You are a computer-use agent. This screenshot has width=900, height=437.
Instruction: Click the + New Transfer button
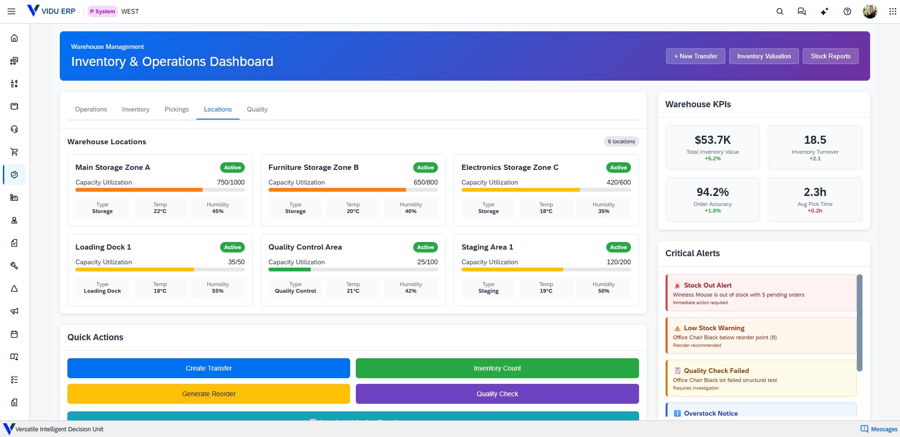(696, 56)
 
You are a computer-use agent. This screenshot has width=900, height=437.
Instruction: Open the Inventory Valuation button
(764, 56)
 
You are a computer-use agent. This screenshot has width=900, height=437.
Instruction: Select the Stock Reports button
(830, 56)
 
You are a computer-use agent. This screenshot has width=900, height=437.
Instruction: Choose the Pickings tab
(176, 109)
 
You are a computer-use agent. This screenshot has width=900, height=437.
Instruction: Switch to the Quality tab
(257, 109)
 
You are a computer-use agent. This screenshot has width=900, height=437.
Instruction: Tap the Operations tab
(91, 109)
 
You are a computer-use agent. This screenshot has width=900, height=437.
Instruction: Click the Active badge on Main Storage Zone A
(232, 167)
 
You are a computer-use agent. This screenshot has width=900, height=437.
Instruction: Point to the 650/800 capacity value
(426, 182)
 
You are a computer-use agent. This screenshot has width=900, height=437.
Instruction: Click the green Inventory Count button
(497, 368)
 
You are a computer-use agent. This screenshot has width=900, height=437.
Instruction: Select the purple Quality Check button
(497, 394)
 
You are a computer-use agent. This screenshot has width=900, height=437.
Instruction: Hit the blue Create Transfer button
(209, 368)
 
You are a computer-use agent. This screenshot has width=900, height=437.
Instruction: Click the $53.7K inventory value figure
(713, 140)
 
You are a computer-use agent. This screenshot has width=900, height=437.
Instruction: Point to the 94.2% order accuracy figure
(713, 192)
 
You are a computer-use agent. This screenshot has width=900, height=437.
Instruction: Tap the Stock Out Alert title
(707, 285)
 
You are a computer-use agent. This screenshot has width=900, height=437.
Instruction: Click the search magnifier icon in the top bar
(779, 11)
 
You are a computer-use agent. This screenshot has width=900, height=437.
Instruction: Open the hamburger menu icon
(11, 11)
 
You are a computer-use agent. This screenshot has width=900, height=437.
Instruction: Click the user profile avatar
(870, 11)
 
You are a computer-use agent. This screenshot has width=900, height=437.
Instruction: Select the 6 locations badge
(621, 141)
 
